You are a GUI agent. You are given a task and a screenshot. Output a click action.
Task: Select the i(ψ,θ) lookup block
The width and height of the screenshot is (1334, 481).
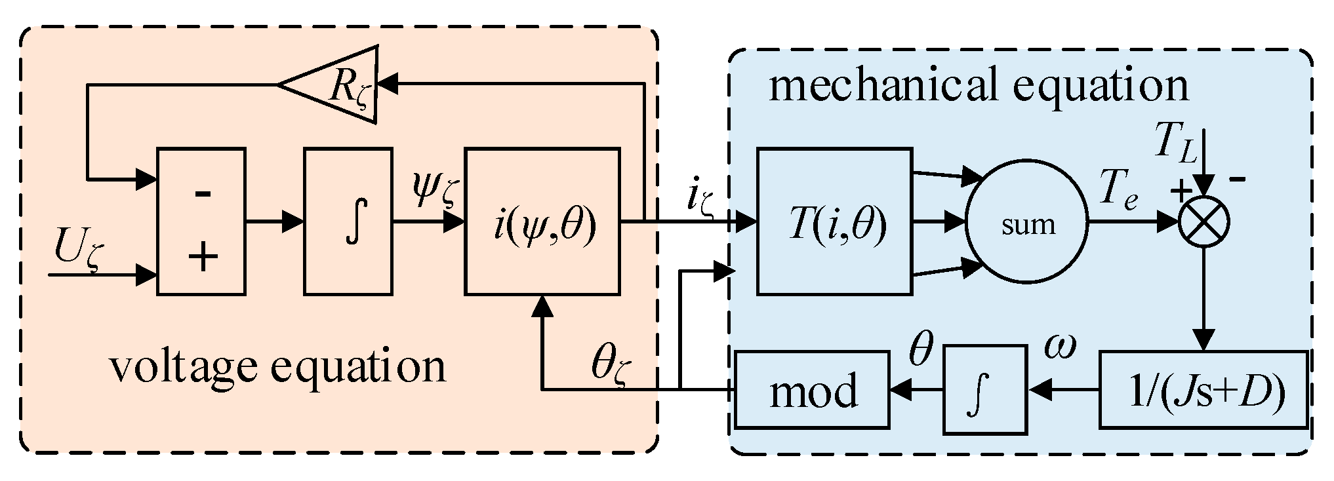[x=542, y=221]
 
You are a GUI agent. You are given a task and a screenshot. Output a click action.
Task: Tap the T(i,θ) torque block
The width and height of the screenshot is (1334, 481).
[x=834, y=221]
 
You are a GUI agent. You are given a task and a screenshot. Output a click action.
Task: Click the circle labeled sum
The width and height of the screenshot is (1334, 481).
[x=1027, y=223]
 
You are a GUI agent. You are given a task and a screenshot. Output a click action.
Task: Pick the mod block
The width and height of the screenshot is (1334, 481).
[x=812, y=391]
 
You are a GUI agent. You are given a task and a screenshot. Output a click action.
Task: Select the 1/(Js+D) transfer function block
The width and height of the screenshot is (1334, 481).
[x=1203, y=391]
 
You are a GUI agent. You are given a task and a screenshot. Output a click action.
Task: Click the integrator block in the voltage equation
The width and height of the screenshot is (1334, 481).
[x=348, y=221]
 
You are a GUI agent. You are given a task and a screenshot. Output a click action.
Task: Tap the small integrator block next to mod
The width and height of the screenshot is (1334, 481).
[x=984, y=391]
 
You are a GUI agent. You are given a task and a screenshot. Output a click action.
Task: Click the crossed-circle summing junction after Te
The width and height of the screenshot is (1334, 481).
[x=1203, y=222]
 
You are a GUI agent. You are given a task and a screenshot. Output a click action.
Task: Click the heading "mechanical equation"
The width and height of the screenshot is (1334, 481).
[x=977, y=85]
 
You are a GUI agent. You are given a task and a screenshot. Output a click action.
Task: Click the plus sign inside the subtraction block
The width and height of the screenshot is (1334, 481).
[x=203, y=256]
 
